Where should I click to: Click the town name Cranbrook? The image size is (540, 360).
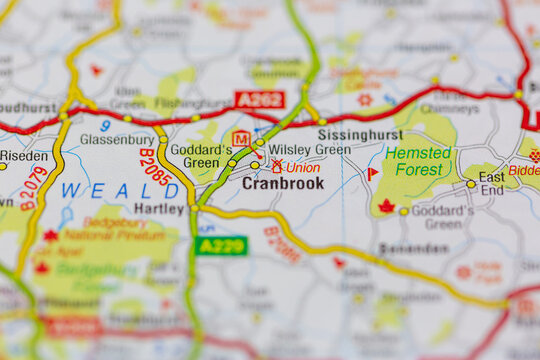283,184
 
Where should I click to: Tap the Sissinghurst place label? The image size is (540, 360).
360,134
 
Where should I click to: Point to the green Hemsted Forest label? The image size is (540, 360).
418,162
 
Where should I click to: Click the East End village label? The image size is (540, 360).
492,183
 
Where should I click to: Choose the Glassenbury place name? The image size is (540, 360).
117,141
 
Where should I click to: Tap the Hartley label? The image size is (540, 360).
159,209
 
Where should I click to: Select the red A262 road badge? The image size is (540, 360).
260,100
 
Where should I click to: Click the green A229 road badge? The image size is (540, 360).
221,245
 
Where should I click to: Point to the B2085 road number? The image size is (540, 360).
155,167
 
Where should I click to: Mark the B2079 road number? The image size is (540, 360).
34,187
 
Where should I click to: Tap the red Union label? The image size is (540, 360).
303,168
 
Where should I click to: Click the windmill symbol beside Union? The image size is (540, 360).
277,167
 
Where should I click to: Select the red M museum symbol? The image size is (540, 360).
240,138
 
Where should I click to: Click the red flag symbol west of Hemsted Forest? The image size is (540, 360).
372,173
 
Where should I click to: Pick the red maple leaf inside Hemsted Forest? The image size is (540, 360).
386,207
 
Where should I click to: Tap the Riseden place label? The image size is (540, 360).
24,157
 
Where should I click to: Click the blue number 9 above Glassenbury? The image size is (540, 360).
105,126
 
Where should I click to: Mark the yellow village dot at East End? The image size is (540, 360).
471,184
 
